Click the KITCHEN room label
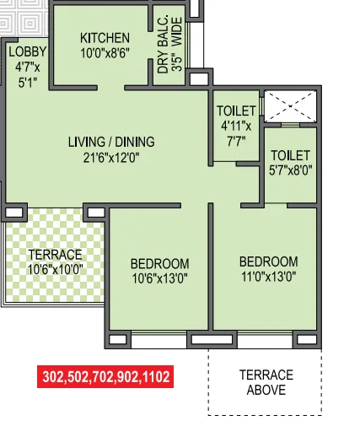pos(105,38)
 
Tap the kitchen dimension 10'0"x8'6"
pos(105,53)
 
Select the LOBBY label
pos(27,52)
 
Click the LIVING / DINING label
pos(111,142)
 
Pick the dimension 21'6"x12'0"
pos(111,157)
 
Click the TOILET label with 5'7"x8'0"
pos(291,155)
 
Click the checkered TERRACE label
pos(55,255)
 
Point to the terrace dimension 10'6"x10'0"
pos(55,269)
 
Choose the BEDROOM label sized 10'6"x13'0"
pos(159,263)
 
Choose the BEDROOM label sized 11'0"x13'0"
pos(268,261)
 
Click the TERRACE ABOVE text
pos(266,382)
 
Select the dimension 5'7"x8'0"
pos(291,170)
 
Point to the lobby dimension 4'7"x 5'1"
pos(27,76)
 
